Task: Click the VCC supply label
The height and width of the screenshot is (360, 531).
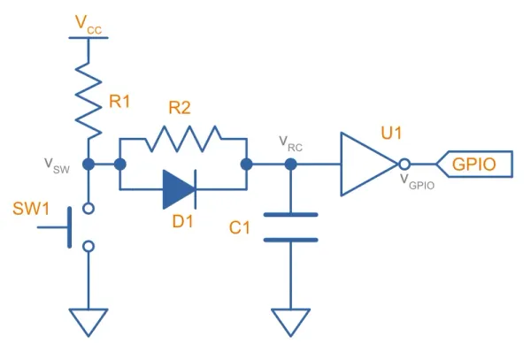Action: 88,24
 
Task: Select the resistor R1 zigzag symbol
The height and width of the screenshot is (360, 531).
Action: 88,101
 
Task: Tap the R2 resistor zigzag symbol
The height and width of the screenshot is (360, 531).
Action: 183,138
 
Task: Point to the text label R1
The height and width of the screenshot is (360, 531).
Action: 119,101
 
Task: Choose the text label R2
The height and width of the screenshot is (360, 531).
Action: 180,108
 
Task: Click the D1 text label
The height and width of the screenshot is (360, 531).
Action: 182,221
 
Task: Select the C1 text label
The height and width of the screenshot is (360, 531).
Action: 240,227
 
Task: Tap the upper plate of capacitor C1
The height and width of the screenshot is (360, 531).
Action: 290,215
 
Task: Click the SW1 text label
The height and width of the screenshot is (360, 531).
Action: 31,209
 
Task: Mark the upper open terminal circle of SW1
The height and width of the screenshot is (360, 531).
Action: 88,209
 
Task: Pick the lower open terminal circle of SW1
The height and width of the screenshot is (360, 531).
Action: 88,247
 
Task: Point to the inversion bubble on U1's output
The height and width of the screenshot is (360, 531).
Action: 404,165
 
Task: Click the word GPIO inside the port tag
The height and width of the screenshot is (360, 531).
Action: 474,165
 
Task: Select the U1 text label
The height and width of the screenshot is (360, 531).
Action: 391,133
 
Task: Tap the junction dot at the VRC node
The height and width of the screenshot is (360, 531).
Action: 290,165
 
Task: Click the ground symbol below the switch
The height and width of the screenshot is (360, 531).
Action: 88,322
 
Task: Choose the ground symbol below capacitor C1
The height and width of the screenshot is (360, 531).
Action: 290,322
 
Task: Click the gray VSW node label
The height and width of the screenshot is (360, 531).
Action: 57,165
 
